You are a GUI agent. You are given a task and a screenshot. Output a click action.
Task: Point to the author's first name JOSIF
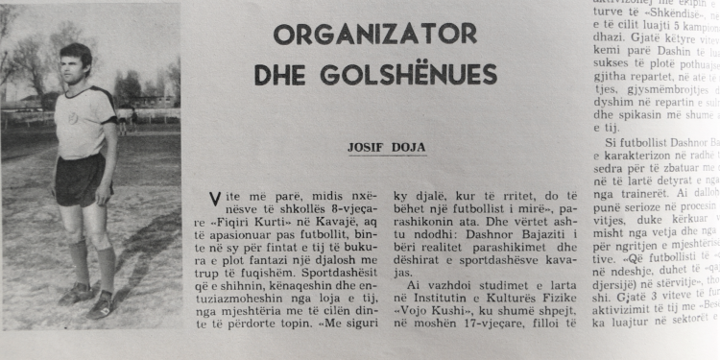[x=365, y=148]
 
